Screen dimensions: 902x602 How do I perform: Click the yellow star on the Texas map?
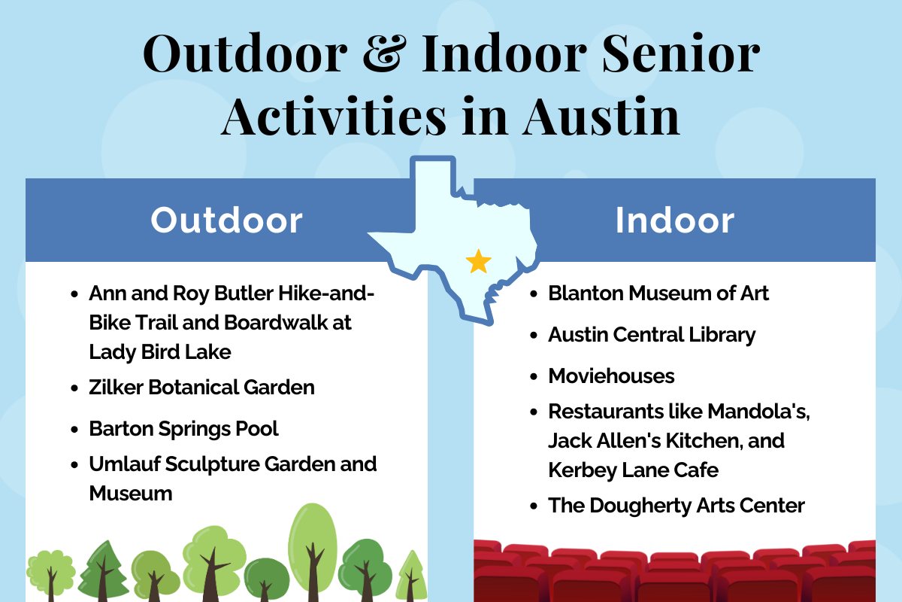click(478, 261)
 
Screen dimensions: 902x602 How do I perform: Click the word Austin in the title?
click(601, 117)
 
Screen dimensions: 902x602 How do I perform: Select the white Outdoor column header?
click(226, 220)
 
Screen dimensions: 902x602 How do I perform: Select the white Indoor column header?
click(674, 220)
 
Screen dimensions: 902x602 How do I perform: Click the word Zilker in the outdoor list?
click(116, 387)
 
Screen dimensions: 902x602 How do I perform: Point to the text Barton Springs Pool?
click(183, 429)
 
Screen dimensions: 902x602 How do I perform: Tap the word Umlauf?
click(125, 464)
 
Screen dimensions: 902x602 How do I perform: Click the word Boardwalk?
click(276, 323)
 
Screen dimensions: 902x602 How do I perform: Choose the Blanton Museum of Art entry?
click(658, 293)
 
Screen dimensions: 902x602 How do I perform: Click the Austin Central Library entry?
click(652, 336)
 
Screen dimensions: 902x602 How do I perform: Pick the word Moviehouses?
click(611, 375)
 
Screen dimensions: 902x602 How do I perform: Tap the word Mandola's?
click(758, 412)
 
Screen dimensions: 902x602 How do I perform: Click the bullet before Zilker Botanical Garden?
click(74, 388)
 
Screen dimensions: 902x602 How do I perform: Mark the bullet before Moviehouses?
click(534, 377)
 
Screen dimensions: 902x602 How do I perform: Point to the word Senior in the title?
click(681, 53)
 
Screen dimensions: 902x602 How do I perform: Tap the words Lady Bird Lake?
click(160, 352)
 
